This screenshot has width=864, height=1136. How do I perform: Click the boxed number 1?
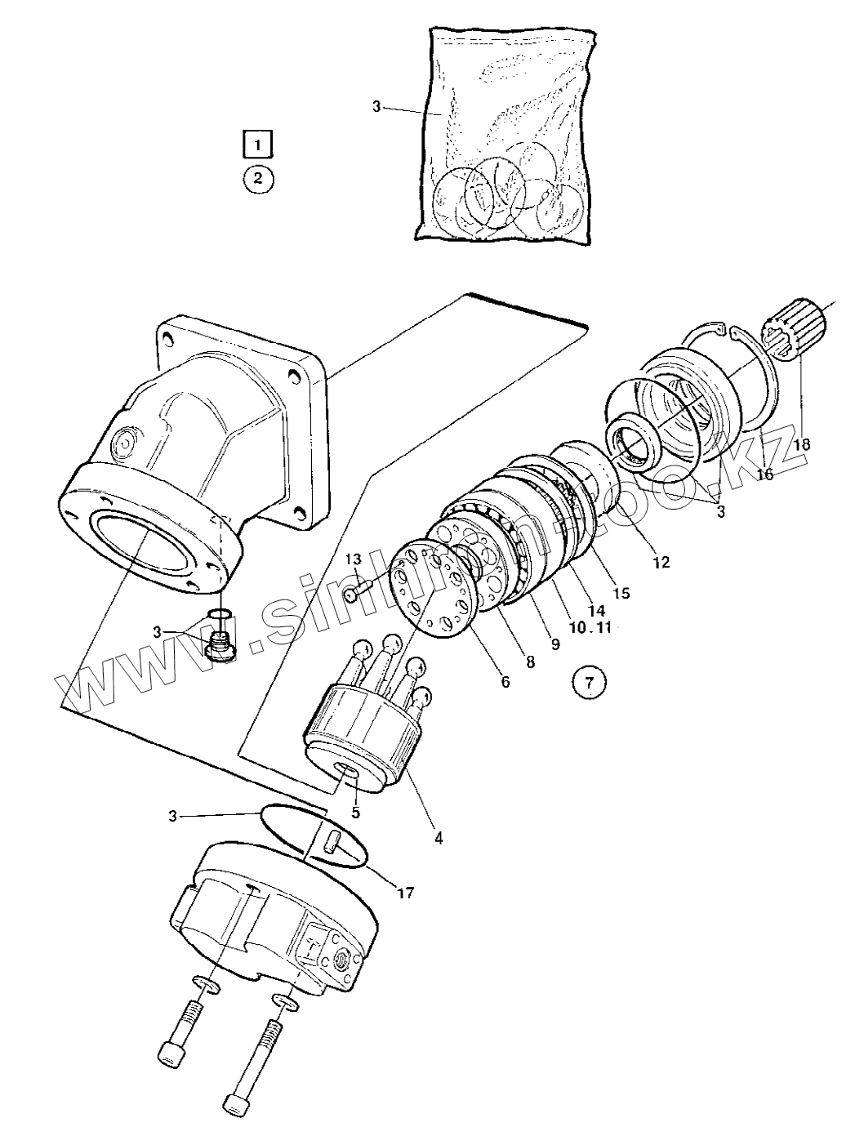(258, 144)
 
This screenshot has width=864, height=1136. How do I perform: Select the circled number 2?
(258, 178)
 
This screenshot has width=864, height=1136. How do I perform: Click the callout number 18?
(802, 445)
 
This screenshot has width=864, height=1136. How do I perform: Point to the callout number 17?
(404, 893)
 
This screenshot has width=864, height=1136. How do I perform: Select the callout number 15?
(621, 593)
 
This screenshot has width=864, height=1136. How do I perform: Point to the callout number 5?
(355, 813)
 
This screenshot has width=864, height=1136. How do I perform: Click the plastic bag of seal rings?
(504, 135)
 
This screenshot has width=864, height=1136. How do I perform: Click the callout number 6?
(505, 681)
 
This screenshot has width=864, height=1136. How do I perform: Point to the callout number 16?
(764, 473)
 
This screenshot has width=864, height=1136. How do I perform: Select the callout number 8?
(530, 662)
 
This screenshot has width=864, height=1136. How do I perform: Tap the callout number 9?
(554, 644)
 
